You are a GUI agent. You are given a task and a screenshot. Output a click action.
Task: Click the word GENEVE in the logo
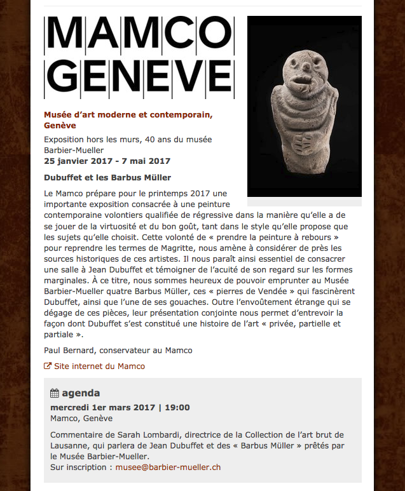coord(139,77)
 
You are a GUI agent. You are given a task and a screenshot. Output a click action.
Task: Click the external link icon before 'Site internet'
coord(48,366)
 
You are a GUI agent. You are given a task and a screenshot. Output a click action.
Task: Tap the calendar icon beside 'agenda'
coord(55,393)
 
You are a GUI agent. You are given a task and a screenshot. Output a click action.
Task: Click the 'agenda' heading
coord(81,393)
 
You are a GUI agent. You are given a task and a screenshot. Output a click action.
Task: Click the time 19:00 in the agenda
coord(177,407)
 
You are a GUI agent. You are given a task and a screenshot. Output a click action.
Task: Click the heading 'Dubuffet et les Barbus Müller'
coord(107,177)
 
